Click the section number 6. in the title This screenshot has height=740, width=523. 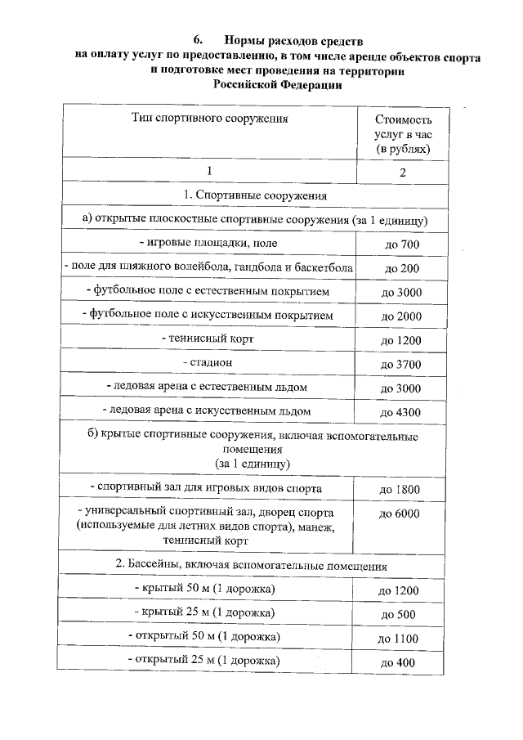[x=197, y=40]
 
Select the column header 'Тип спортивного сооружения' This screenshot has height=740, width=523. [x=210, y=119]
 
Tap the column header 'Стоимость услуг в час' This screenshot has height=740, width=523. [x=402, y=134]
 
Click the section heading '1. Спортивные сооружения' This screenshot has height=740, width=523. [x=255, y=195]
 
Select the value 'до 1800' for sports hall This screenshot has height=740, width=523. [x=400, y=490]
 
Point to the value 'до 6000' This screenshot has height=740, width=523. [x=400, y=514]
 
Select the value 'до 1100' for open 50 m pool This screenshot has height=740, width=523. [x=399, y=638]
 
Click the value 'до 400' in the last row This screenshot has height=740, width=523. [x=399, y=662]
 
